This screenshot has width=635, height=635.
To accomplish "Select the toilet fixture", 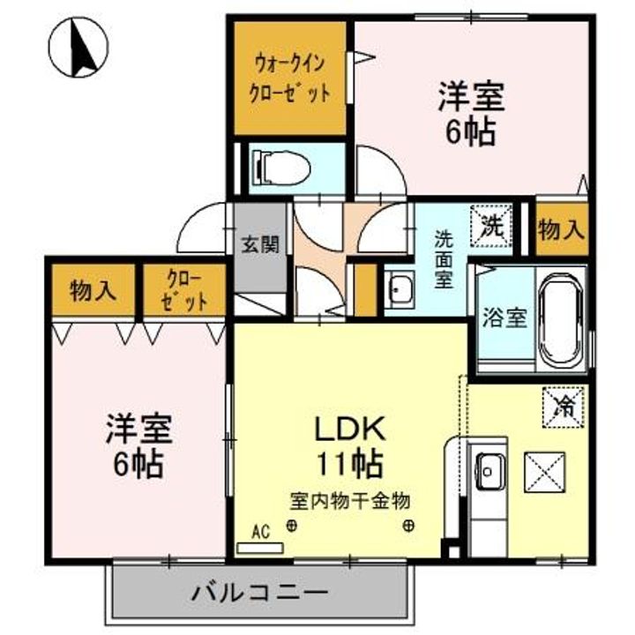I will click(x=279, y=165).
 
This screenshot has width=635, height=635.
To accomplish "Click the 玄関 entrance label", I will click(x=261, y=243).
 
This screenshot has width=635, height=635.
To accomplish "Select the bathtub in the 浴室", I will click(x=562, y=322).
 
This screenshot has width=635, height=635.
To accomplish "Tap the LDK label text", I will click(x=351, y=430).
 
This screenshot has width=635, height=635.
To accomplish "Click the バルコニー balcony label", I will click(x=260, y=590).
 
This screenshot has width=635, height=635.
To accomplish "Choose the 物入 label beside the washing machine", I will click(x=561, y=229).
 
